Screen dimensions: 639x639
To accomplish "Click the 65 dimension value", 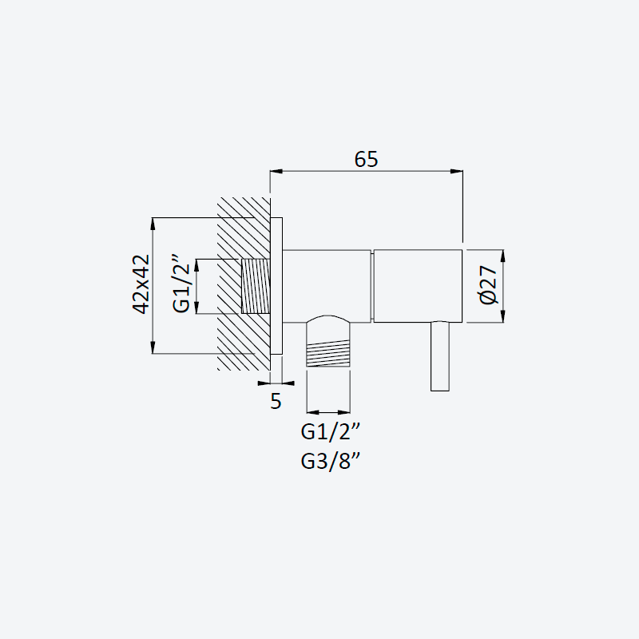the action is (x=366, y=159).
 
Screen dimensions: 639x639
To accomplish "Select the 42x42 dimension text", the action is (x=141, y=284).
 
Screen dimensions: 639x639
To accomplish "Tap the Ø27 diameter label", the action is (x=489, y=285).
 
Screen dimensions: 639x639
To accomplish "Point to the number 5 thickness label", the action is (x=276, y=402).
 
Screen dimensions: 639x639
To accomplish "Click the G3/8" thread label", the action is (x=331, y=462).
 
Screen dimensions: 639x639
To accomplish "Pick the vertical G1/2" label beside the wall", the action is (x=181, y=284).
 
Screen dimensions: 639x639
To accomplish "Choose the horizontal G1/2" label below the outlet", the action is (x=331, y=431).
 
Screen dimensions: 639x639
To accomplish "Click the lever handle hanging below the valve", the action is (x=440, y=356).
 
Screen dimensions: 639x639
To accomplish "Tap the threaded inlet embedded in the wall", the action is (x=256, y=286).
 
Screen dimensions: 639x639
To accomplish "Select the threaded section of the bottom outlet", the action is (x=328, y=353).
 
